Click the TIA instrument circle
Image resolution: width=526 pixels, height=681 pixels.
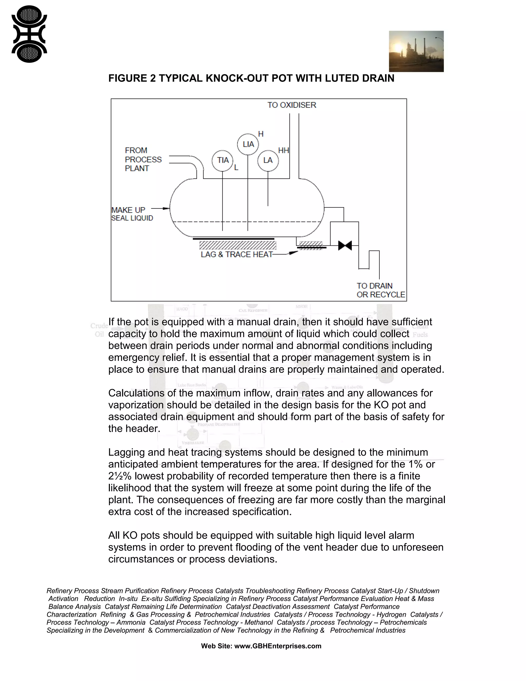pos(222,161)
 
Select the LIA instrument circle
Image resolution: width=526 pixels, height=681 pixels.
pos(248,144)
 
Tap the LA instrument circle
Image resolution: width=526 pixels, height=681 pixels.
pos(268,161)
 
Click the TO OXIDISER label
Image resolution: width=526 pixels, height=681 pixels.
pos(292,105)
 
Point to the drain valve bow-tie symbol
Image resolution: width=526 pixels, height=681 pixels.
pos(345,245)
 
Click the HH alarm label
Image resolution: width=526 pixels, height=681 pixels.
pos(284,151)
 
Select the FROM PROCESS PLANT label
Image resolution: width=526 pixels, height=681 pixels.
pos(143,159)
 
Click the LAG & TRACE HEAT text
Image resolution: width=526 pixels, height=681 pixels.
pos(237,254)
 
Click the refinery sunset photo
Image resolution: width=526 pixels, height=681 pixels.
pos(416,51)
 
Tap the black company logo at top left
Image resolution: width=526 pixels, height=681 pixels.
pos(29,34)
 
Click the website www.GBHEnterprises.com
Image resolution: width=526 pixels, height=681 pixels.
pos(277,646)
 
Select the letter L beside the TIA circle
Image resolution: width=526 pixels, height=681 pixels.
pos(236,168)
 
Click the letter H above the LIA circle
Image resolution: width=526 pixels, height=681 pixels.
pos(261,134)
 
